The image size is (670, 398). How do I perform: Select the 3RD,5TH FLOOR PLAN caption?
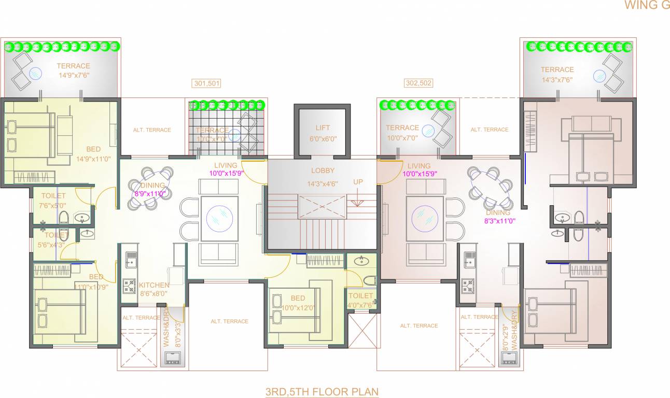click(322, 391)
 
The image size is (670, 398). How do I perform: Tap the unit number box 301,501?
click(206, 83)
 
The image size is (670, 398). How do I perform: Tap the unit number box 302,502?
click(418, 83)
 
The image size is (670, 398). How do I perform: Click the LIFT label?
click(323, 127)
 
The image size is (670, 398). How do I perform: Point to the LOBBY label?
click(323, 170)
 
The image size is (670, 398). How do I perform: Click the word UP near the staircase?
click(358, 182)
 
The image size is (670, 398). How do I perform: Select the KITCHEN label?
click(154, 285)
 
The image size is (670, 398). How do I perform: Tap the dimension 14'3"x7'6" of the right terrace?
click(557, 79)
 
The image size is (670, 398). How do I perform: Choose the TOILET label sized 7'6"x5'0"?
click(53, 196)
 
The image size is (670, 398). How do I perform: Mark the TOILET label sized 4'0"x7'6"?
click(360, 296)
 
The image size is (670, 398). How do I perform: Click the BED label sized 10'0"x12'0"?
click(298, 298)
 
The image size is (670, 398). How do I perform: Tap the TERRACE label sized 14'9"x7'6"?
click(73, 66)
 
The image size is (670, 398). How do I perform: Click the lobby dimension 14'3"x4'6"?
click(323, 183)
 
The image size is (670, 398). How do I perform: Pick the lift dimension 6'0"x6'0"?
click(323, 138)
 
